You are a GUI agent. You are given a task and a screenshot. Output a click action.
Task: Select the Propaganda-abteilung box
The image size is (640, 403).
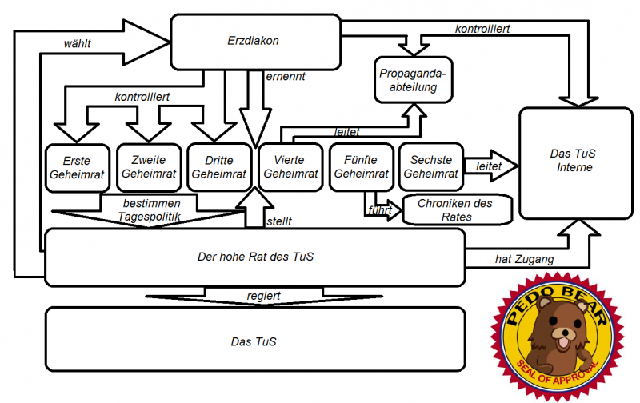point(414,80)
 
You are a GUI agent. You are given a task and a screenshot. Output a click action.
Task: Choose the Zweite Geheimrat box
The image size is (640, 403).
point(148,167)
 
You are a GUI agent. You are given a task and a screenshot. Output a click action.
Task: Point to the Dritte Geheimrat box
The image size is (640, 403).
point(218,167)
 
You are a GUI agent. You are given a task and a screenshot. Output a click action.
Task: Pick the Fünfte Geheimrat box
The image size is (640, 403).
point(359,167)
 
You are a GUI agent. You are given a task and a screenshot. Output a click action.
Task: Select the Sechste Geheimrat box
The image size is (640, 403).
point(429,167)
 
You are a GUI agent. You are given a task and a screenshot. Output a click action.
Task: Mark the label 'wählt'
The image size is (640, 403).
point(78,43)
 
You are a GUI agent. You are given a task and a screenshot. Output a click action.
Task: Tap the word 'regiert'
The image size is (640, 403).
point(264,296)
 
